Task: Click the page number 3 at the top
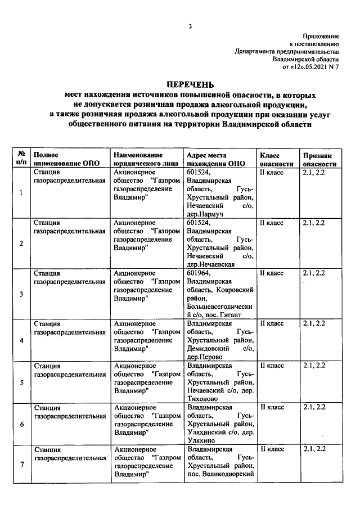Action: click(x=190, y=26)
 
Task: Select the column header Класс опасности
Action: click(x=276, y=159)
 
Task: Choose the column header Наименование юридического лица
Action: click(x=142, y=159)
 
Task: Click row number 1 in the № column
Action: click(x=21, y=193)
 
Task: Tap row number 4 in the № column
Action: click(x=21, y=341)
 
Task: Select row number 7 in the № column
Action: click(x=21, y=464)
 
